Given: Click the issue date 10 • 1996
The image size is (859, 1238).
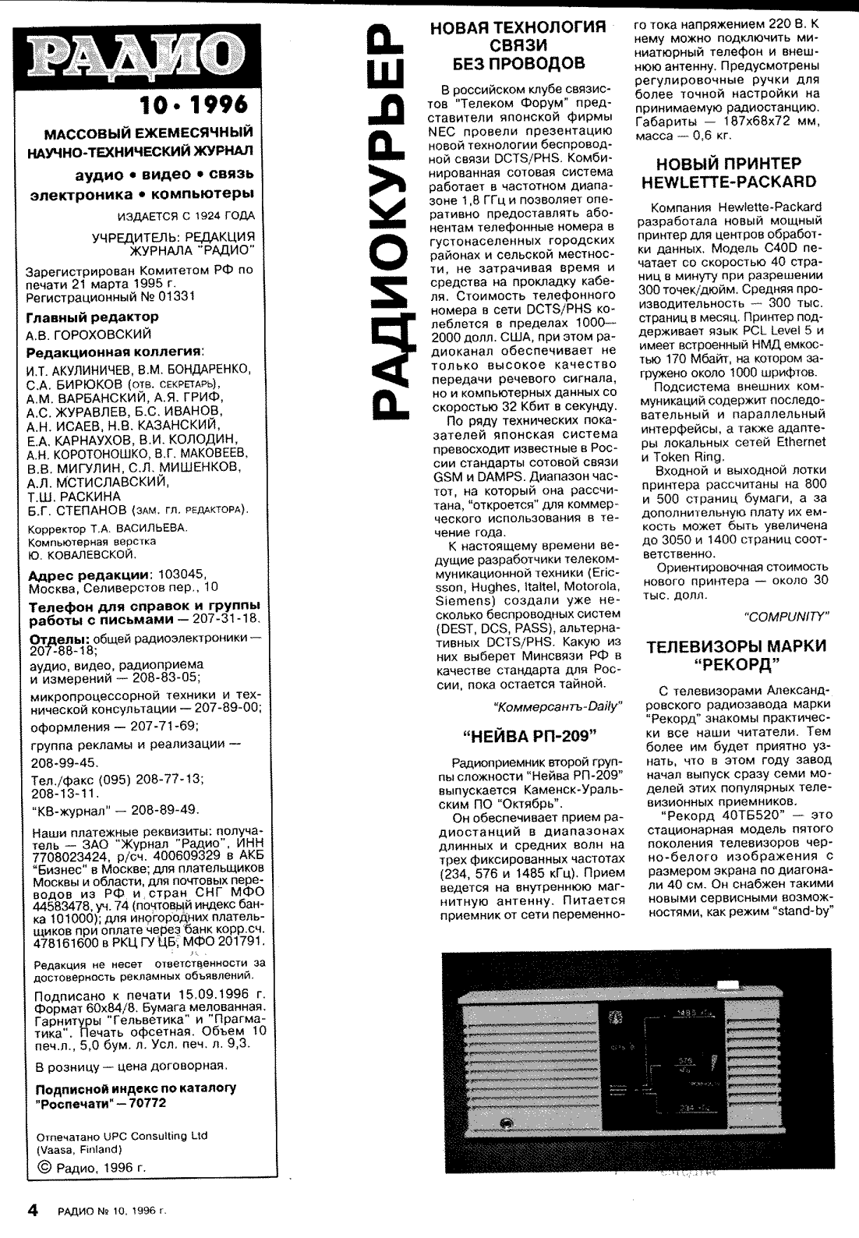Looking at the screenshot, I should pos(193,104).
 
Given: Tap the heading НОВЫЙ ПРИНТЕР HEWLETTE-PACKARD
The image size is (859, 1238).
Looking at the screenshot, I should pos(728,173).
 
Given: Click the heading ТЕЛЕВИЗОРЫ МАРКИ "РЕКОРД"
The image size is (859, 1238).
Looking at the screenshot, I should pos(737,655).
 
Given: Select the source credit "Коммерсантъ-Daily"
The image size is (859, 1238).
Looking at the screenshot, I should pos(558,706).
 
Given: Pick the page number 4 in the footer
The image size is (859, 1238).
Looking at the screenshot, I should pos(33,1211).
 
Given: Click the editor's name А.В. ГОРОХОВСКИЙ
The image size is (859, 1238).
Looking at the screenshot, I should pos(89,334).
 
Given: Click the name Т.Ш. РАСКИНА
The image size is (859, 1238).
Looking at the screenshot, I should pos(73,496).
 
